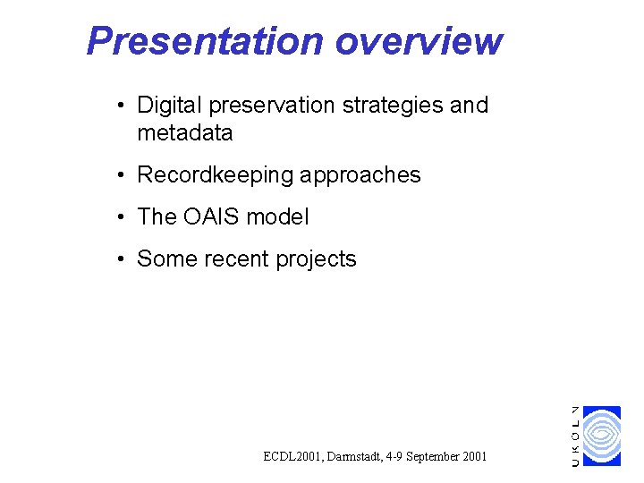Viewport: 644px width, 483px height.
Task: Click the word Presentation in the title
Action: pyautogui.click(x=205, y=41)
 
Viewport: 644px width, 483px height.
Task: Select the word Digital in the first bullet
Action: pyautogui.click(x=169, y=106)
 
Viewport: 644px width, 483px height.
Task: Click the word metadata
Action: pyautogui.click(x=184, y=133)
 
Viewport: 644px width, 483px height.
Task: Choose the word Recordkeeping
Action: pyautogui.click(x=215, y=175)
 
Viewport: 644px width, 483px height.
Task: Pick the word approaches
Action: pyautogui.click(x=360, y=175)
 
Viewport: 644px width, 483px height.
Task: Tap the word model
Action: pyautogui.click(x=277, y=217)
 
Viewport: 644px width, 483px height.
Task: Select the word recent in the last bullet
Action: pyautogui.click(x=235, y=259)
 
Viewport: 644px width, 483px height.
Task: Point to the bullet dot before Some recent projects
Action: pyautogui.click(x=121, y=260)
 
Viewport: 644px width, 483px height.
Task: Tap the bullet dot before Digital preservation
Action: pyautogui.click(x=121, y=106)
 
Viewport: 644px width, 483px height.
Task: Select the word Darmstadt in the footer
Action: pyautogui.click(x=358, y=457)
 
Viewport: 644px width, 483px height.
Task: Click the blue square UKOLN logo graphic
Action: pyautogui.click(x=602, y=436)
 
